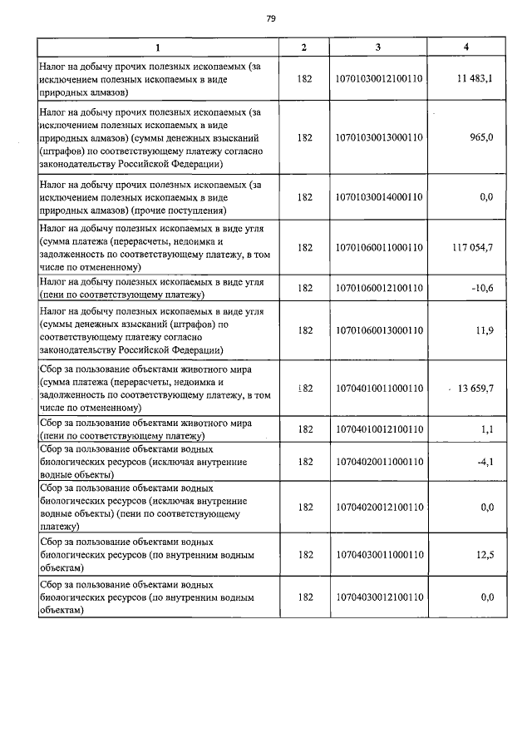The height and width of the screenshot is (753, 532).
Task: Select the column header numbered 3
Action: click(378, 47)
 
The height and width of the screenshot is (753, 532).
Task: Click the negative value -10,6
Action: click(481, 288)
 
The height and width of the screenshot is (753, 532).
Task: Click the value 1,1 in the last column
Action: click(486, 429)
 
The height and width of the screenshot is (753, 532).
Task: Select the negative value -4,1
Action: click(484, 461)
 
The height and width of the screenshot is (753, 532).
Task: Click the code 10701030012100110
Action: click(378, 79)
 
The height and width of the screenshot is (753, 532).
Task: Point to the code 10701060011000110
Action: click(378, 247)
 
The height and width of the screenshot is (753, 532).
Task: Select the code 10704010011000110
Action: click(378, 389)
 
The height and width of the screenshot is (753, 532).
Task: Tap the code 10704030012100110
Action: click(378, 597)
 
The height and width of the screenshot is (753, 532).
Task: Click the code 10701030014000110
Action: click(378, 197)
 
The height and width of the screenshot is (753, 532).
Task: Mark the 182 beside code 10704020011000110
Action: click(304, 461)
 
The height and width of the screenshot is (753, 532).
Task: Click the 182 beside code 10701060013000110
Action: click(304, 330)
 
